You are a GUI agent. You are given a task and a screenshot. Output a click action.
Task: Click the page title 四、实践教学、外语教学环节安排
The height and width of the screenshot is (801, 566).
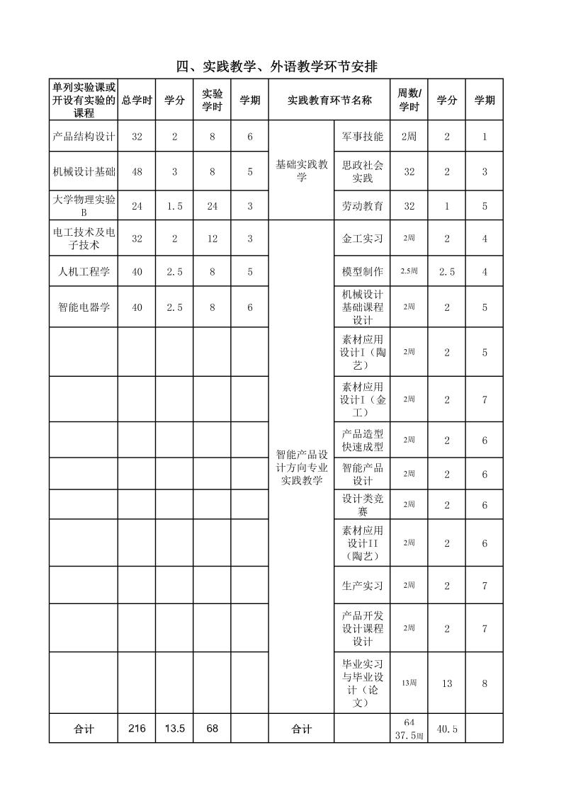coord(276,67)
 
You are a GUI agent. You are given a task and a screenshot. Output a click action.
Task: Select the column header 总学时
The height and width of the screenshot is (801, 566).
coord(137,101)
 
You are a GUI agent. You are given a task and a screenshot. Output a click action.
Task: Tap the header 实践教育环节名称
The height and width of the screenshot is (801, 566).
coord(329,101)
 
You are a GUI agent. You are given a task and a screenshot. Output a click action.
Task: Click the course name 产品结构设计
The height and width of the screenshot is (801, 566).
coord(84,137)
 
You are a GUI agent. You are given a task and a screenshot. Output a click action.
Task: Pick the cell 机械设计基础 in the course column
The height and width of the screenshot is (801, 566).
coord(84,171)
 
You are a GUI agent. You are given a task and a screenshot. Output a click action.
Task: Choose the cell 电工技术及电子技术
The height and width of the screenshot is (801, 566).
coord(84,239)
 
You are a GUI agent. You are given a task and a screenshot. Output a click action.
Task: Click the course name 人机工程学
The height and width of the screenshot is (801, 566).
coord(84,272)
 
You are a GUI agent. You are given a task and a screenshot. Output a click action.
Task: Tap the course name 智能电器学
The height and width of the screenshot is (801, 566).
coord(84,307)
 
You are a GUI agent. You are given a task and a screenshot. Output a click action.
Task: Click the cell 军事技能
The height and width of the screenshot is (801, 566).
coord(362,137)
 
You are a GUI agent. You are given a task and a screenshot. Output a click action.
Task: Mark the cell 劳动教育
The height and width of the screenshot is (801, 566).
coord(362,206)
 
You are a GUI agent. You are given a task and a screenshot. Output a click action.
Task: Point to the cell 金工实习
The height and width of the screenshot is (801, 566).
coord(362,239)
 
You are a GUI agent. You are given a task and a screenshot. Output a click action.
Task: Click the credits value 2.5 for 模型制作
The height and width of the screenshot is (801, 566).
coord(447,272)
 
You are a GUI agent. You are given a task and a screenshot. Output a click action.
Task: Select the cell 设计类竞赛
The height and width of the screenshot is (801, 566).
coord(362,505)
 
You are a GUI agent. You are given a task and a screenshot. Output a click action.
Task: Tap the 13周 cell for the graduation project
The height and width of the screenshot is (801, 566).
coord(409,683)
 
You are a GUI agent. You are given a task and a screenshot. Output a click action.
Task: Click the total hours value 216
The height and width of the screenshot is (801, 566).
coord(137,728)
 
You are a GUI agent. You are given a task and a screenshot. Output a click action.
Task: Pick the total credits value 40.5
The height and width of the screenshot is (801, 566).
coord(447,729)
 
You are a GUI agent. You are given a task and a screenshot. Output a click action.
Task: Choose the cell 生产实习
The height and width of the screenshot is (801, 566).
coord(362,586)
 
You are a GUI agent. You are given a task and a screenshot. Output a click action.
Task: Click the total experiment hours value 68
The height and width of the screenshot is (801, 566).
coord(213,728)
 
